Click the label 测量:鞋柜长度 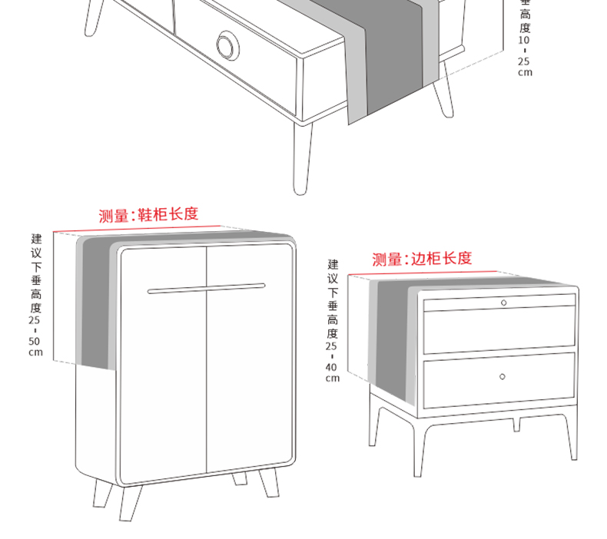(x=148, y=215)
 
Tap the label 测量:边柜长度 (x=422, y=259)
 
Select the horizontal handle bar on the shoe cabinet (x=206, y=289)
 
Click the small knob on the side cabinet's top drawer (x=503, y=303)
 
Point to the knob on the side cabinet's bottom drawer (x=502, y=376)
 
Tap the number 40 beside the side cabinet (x=332, y=367)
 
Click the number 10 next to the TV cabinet (x=525, y=39)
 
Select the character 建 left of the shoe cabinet (x=36, y=238)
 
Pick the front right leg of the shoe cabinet (x=268, y=484)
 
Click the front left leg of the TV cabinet (x=304, y=157)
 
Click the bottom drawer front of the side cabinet (x=499, y=378)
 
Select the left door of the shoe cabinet (x=163, y=361)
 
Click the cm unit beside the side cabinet (x=332, y=378)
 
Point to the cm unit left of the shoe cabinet (x=36, y=352)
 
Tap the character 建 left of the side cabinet (x=332, y=264)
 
